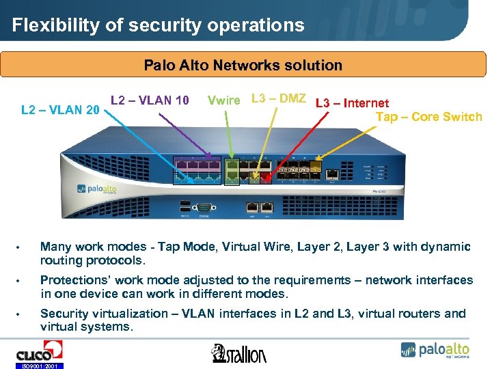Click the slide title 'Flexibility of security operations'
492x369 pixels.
click(158, 25)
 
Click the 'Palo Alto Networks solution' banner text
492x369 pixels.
click(243, 66)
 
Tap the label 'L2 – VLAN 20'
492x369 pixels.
click(61, 109)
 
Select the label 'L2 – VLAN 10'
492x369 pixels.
click(150, 100)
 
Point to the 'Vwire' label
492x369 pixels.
click(223, 100)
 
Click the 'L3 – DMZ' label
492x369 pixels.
click(278, 98)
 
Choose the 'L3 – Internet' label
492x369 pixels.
click(352, 103)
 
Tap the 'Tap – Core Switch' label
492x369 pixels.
click(428, 117)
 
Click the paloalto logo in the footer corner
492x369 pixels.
click(435, 350)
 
